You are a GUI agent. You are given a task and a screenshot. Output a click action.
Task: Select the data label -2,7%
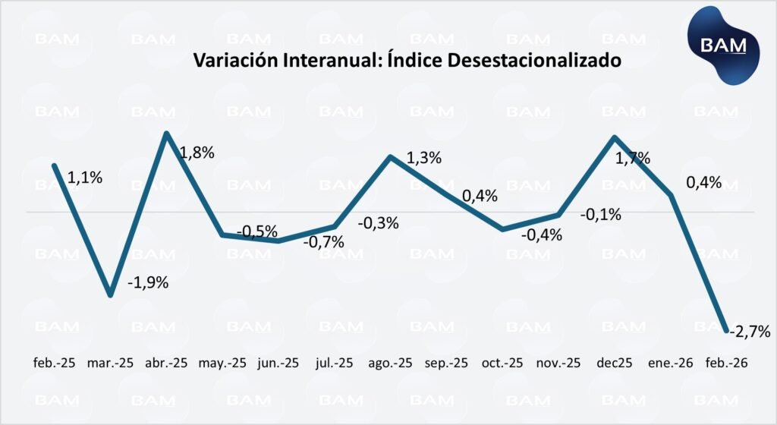(x=750, y=331)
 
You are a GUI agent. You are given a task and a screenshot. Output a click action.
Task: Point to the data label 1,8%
(x=197, y=152)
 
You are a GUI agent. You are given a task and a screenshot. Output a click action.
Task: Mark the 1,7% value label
(x=631, y=159)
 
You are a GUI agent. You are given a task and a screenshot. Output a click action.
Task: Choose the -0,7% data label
(x=323, y=242)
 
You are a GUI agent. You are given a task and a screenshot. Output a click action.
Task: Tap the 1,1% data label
(x=85, y=178)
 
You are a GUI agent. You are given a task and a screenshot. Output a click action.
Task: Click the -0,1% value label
(x=600, y=214)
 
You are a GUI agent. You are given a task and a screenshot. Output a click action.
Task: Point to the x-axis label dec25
(x=615, y=363)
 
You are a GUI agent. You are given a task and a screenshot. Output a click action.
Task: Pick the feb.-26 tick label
(x=728, y=363)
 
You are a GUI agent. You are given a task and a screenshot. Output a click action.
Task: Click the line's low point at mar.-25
(x=111, y=294)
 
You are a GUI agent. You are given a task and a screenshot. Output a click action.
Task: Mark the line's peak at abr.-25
(x=166, y=134)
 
